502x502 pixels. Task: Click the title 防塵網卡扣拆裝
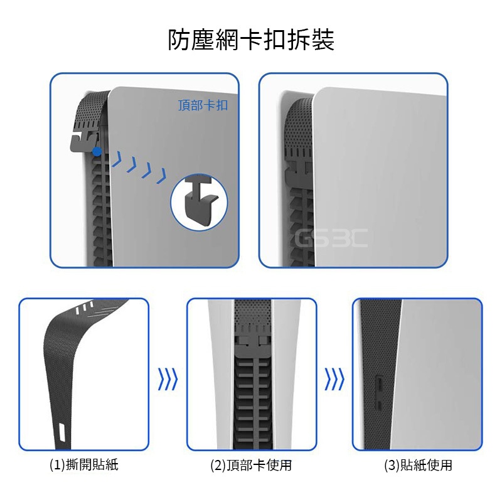click(252, 40)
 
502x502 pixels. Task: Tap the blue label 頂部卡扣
click(203, 105)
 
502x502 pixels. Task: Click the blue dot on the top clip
click(97, 151)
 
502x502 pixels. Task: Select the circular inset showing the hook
click(199, 202)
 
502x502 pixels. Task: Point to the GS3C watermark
click(331, 238)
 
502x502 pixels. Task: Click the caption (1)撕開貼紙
click(84, 464)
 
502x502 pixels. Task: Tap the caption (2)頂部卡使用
click(252, 465)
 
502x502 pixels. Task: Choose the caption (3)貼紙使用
click(418, 465)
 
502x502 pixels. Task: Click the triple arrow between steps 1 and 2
click(168, 379)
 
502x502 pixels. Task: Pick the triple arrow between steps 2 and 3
click(334, 379)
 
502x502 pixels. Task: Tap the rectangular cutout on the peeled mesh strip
click(62, 432)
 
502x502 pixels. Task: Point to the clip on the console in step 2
click(253, 346)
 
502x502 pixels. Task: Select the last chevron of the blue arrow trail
click(161, 176)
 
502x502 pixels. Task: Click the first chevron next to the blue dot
click(117, 159)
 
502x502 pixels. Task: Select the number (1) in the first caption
click(57, 465)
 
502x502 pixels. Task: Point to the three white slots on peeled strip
click(84, 306)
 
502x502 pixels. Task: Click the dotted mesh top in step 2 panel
click(253, 316)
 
